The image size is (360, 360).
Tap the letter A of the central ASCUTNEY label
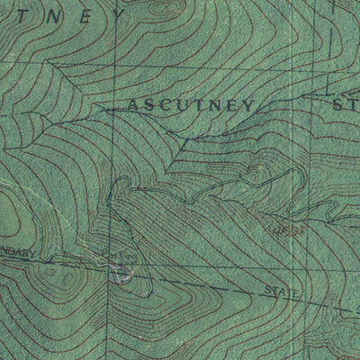pos(134,105)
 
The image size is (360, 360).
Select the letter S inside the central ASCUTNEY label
pos(150,105)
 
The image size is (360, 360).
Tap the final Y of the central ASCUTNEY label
pos(246,106)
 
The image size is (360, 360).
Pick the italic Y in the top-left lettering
pos(117,17)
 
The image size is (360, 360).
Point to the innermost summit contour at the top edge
pos(162,5)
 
